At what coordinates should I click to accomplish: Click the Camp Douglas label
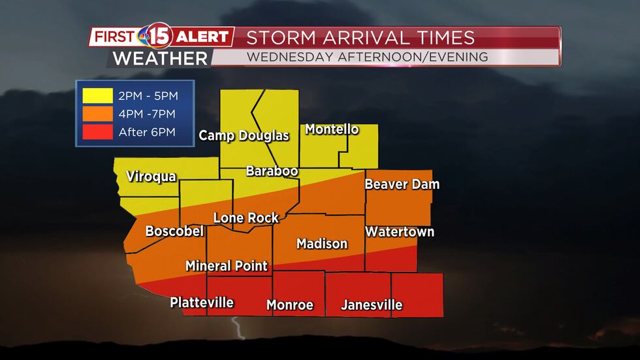coord(244,136)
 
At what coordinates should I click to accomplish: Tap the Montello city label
coord(332,129)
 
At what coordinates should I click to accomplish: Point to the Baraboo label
coord(272,171)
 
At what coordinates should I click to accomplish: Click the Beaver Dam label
coord(402,184)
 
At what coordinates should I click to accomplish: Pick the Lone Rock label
coord(246,218)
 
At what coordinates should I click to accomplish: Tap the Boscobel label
coord(174,231)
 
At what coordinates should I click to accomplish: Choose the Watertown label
coord(399,232)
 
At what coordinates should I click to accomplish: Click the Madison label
coord(322,244)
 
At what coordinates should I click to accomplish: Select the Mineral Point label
coord(227,266)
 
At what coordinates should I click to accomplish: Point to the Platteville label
coord(202,303)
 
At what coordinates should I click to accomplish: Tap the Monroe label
coord(290,305)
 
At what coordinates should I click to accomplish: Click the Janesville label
coord(372,305)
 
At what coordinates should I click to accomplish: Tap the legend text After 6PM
coord(147,133)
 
